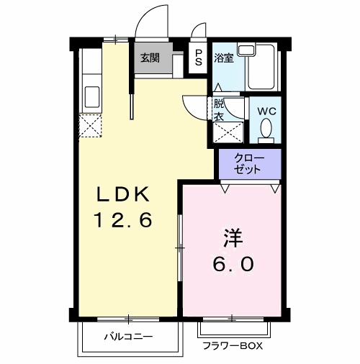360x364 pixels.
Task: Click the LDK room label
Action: [x=124, y=194]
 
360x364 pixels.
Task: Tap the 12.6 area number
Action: [x=124, y=220]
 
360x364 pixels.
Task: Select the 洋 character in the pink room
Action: [x=232, y=238]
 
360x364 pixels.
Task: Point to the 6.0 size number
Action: [x=232, y=264]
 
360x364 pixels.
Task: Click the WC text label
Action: [x=267, y=112]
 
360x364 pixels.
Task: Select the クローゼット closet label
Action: [x=249, y=163]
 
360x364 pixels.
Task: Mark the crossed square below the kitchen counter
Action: [x=91, y=126]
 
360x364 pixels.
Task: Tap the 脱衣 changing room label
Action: [x=219, y=109]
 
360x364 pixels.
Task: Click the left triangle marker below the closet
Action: [x=225, y=188]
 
